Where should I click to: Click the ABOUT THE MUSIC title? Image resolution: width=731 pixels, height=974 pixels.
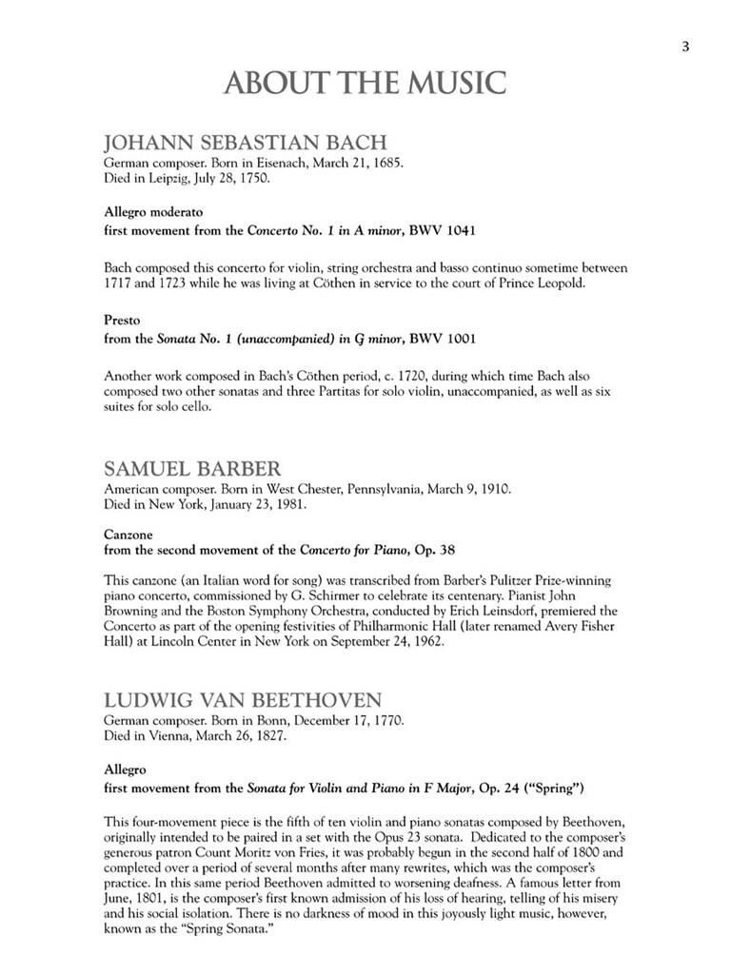(x=365, y=84)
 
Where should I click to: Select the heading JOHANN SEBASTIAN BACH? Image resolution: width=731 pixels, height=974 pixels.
(x=245, y=144)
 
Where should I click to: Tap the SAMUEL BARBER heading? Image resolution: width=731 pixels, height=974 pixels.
(x=192, y=469)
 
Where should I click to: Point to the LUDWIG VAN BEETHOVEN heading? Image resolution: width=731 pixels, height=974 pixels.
(x=243, y=701)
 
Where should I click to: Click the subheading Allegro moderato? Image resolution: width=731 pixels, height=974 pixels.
(x=152, y=211)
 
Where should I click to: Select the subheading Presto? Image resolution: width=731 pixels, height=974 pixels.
(x=122, y=320)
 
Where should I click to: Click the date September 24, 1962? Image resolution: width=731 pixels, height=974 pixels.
(x=390, y=642)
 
